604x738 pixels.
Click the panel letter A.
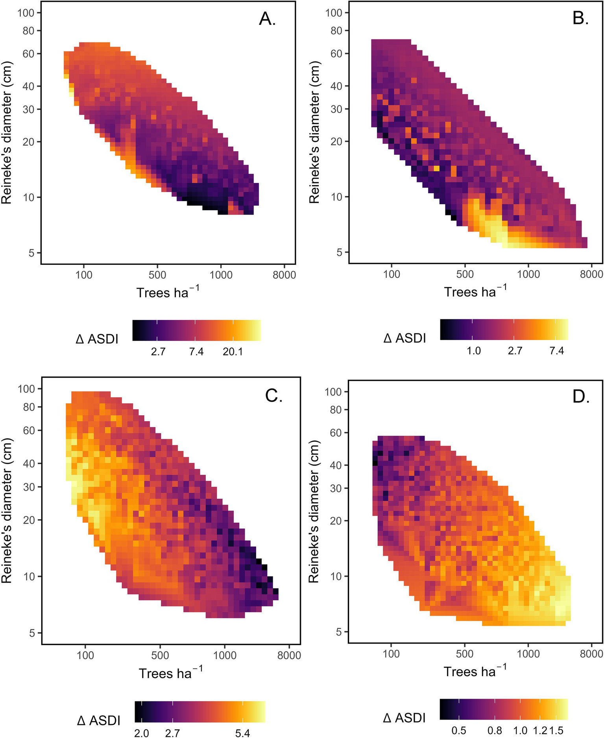(x=267, y=19)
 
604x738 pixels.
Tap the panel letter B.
(x=580, y=19)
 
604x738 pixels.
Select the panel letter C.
(x=274, y=396)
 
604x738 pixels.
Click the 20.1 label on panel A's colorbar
(x=233, y=351)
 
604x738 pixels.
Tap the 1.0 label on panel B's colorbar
(x=474, y=351)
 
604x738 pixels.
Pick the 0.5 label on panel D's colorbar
(x=459, y=731)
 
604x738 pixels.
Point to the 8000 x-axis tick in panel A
(x=284, y=275)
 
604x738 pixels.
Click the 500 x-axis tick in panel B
(x=465, y=274)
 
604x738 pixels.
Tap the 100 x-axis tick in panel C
(x=85, y=655)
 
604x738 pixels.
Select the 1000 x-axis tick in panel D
(x=528, y=654)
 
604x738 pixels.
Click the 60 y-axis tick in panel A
(x=29, y=54)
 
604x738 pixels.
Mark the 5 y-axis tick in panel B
(x=339, y=252)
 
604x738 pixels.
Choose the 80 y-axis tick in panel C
(x=29, y=407)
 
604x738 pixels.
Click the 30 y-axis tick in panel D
(x=336, y=488)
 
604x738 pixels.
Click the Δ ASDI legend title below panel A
(x=97, y=338)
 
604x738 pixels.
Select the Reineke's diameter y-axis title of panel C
(x=7, y=510)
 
